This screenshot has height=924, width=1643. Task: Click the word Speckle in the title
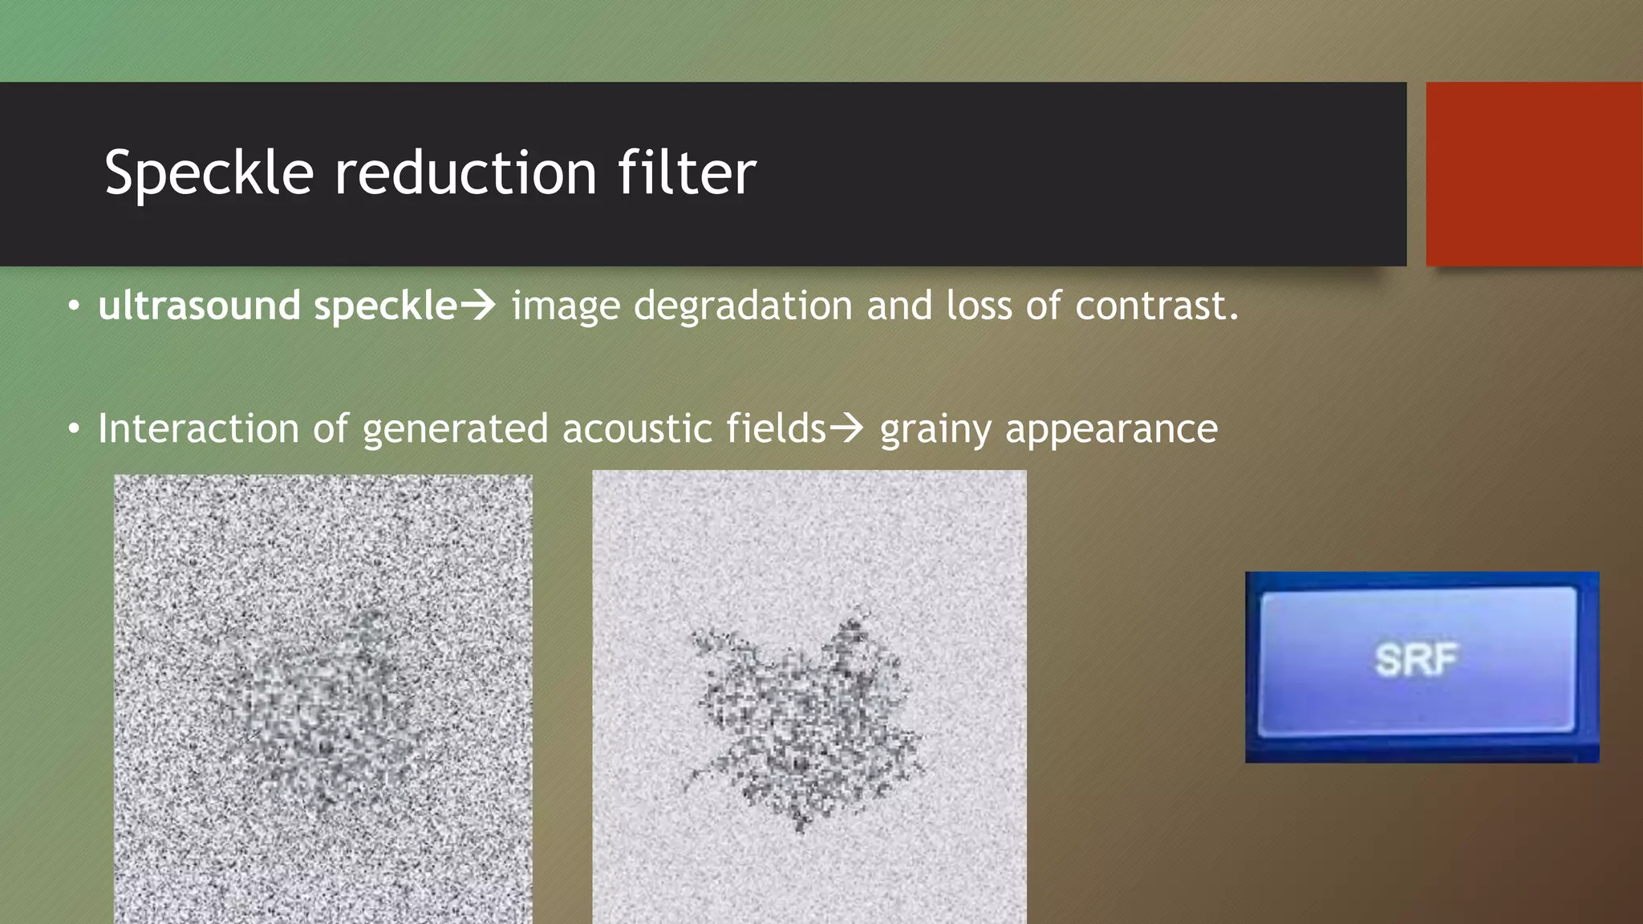(x=209, y=173)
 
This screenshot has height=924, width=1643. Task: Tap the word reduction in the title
(x=465, y=173)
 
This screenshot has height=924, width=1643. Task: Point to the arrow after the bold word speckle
(x=478, y=306)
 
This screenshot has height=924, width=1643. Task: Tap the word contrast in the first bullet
(x=1156, y=306)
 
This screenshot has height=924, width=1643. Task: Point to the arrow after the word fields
(x=846, y=428)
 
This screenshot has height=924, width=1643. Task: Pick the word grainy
(x=935, y=430)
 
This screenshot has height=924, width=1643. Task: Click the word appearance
(x=1111, y=430)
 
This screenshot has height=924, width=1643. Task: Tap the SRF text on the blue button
(x=1416, y=660)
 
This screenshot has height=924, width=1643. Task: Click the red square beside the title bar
(x=1534, y=174)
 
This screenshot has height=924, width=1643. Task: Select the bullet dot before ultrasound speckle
(x=74, y=306)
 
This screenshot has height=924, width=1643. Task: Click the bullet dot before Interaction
(x=74, y=430)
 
